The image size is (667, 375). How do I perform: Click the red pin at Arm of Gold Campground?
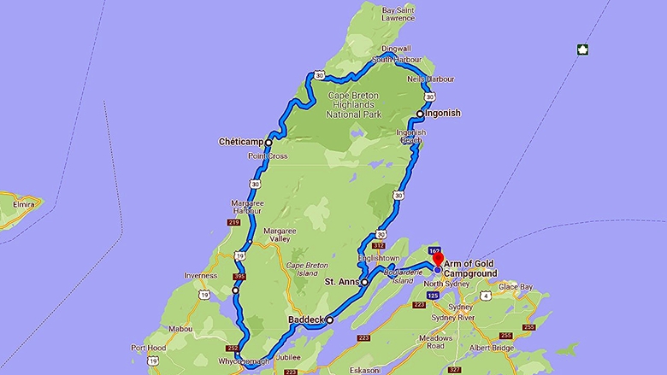437,259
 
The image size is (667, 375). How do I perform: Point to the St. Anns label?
339,282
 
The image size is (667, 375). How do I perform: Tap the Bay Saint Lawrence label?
398,13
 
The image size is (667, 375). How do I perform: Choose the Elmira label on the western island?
17,204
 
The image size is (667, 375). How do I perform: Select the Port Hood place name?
149,348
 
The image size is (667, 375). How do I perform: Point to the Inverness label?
201,275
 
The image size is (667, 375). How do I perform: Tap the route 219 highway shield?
233,223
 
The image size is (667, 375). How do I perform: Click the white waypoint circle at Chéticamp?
269,143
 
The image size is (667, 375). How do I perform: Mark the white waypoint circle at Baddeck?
329,320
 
